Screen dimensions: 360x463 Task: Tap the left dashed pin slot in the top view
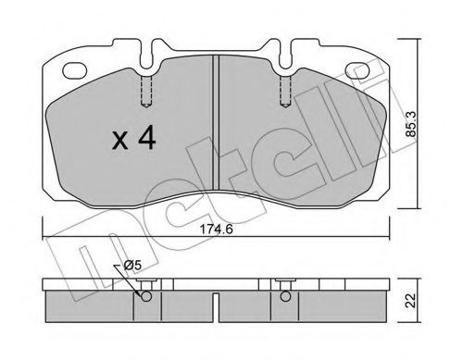[144, 91]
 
